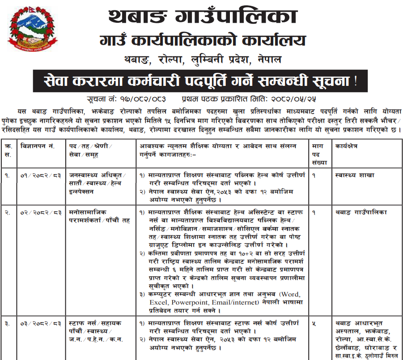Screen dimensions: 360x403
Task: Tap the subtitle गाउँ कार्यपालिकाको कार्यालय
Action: pos(203,41)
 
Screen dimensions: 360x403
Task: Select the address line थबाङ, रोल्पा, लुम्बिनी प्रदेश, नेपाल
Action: pos(203,59)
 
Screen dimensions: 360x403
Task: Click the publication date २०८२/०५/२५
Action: pos(293,98)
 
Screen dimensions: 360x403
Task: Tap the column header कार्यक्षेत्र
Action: pos(352,147)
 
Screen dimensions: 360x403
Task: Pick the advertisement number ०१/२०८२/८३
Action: pos(41,175)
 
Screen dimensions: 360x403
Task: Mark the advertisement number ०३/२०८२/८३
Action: pos(41,323)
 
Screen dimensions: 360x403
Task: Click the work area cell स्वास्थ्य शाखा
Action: pos(355,175)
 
